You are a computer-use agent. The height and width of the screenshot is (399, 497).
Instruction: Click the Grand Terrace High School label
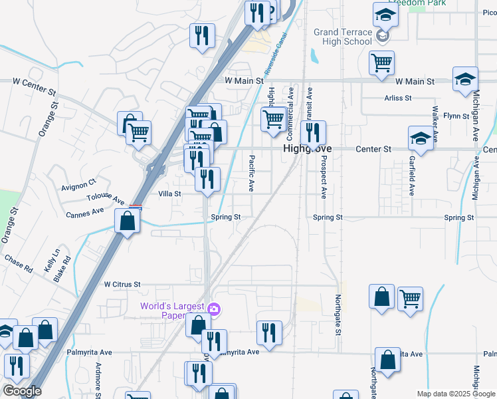pyautogui.click(x=342, y=37)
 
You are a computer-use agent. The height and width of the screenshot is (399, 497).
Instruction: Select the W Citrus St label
pyautogui.click(x=122, y=284)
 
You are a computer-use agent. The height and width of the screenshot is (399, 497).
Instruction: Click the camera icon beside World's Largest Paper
pyautogui.click(x=213, y=308)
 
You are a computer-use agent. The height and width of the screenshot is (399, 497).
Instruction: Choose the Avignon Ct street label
pyautogui.click(x=79, y=181)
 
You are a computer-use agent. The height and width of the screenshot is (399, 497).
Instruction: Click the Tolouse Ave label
pyautogui.click(x=105, y=199)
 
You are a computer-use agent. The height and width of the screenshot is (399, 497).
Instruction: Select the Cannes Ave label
pyautogui.click(x=85, y=213)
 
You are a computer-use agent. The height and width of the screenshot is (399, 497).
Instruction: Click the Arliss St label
pyautogui.click(x=398, y=98)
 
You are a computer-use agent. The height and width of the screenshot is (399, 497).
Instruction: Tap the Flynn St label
pyautogui.click(x=456, y=116)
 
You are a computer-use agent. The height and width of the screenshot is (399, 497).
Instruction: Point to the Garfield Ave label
pyautogui.click(x=412, y=176)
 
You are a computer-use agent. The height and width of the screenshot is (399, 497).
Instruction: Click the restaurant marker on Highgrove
pyautogui.click(x=313, y=134)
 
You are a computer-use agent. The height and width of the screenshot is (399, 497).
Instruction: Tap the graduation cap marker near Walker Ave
pyautogui.click(x=420, y=138)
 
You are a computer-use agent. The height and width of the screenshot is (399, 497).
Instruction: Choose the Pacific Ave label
pyautogui.click(x=252, y=171)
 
